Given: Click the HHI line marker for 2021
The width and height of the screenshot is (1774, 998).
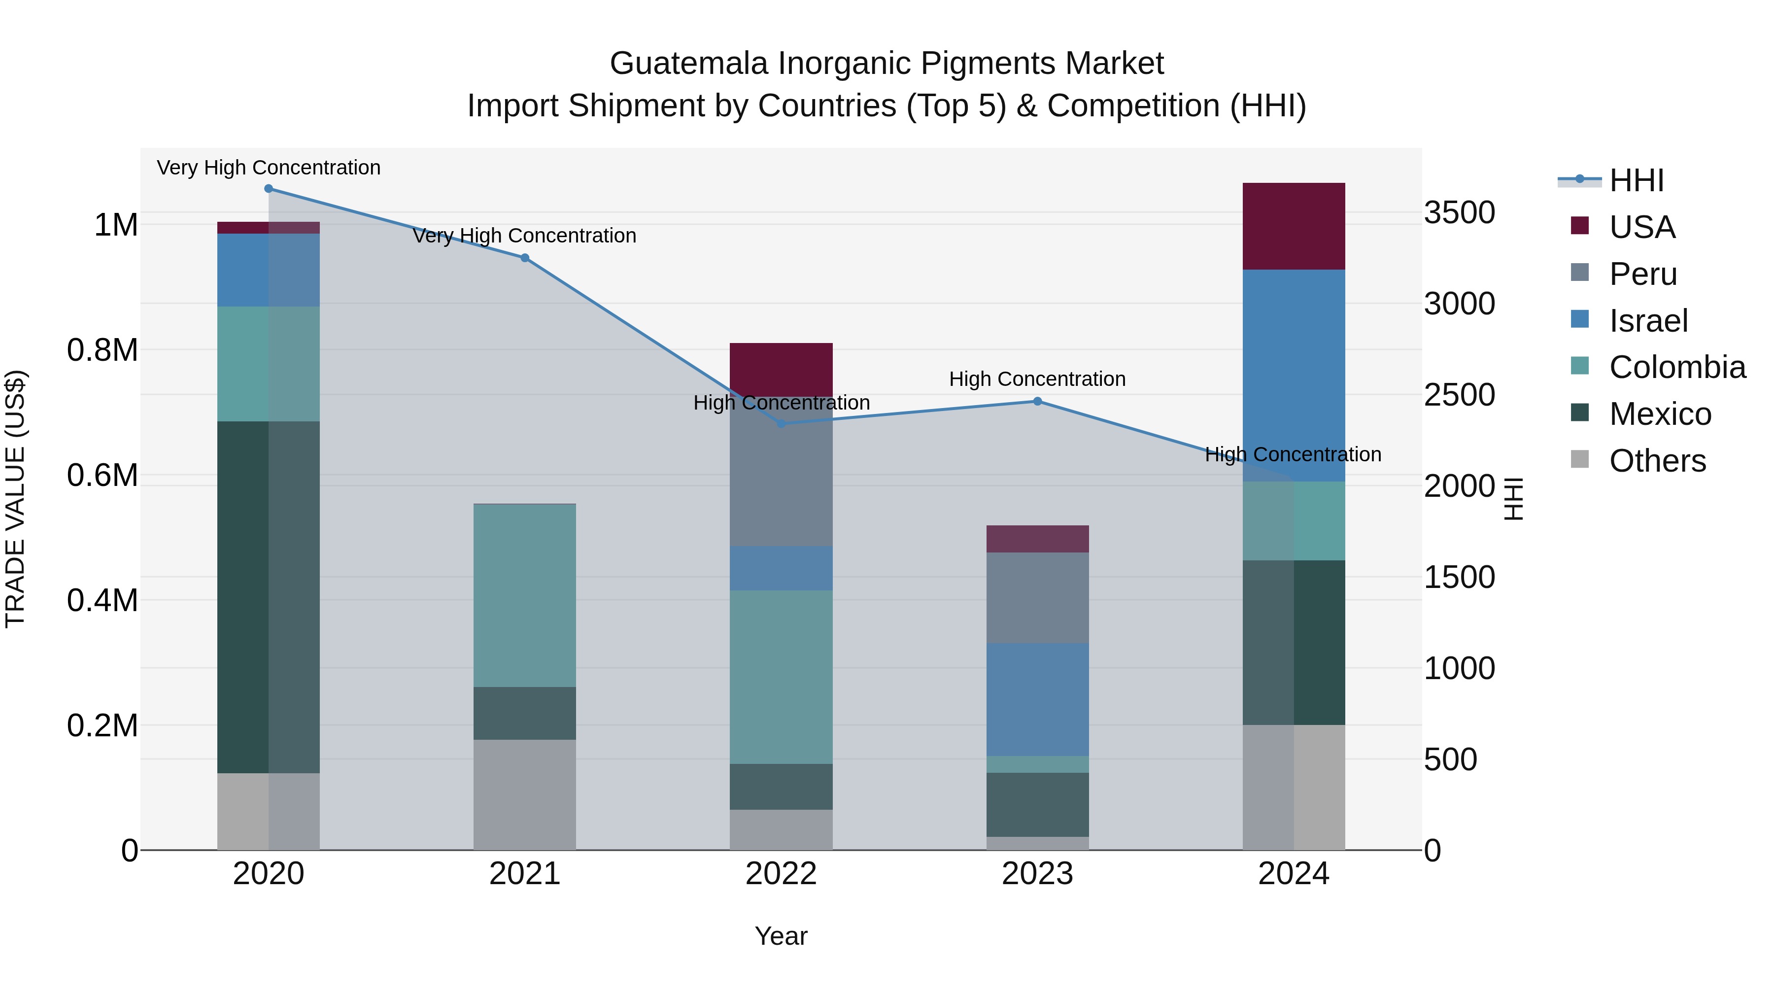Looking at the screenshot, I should click(525, 258).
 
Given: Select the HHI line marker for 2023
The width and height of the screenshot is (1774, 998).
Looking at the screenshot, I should click(1037, 401).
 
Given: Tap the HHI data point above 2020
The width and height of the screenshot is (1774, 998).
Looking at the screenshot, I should click(269, 188).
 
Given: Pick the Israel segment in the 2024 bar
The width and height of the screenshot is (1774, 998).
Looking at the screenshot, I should click(1294, 376).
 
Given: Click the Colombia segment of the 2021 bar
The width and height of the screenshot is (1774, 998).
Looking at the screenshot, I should click(525, 596).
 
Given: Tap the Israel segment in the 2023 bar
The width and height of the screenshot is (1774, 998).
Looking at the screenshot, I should click(1037, 699).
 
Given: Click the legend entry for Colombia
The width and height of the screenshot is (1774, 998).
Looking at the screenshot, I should click(1677, 367).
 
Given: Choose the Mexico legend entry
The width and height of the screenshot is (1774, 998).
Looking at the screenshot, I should click(1660, 414).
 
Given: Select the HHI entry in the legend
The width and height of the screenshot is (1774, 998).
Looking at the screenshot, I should click(1636, 180).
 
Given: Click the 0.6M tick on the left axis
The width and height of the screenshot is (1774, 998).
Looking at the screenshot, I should click(102, 475).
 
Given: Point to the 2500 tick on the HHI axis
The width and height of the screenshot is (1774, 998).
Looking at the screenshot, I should click(1459, 395).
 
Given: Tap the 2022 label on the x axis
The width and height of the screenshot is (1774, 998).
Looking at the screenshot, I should click(781, 873).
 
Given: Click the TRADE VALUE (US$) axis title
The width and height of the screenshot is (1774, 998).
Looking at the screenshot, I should click(15, 499).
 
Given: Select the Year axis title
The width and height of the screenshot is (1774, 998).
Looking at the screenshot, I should click(781, 936).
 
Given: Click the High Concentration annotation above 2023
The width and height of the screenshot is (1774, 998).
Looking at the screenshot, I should click(1037, 379).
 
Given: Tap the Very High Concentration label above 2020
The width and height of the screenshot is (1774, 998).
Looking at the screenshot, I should click(269, 168).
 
